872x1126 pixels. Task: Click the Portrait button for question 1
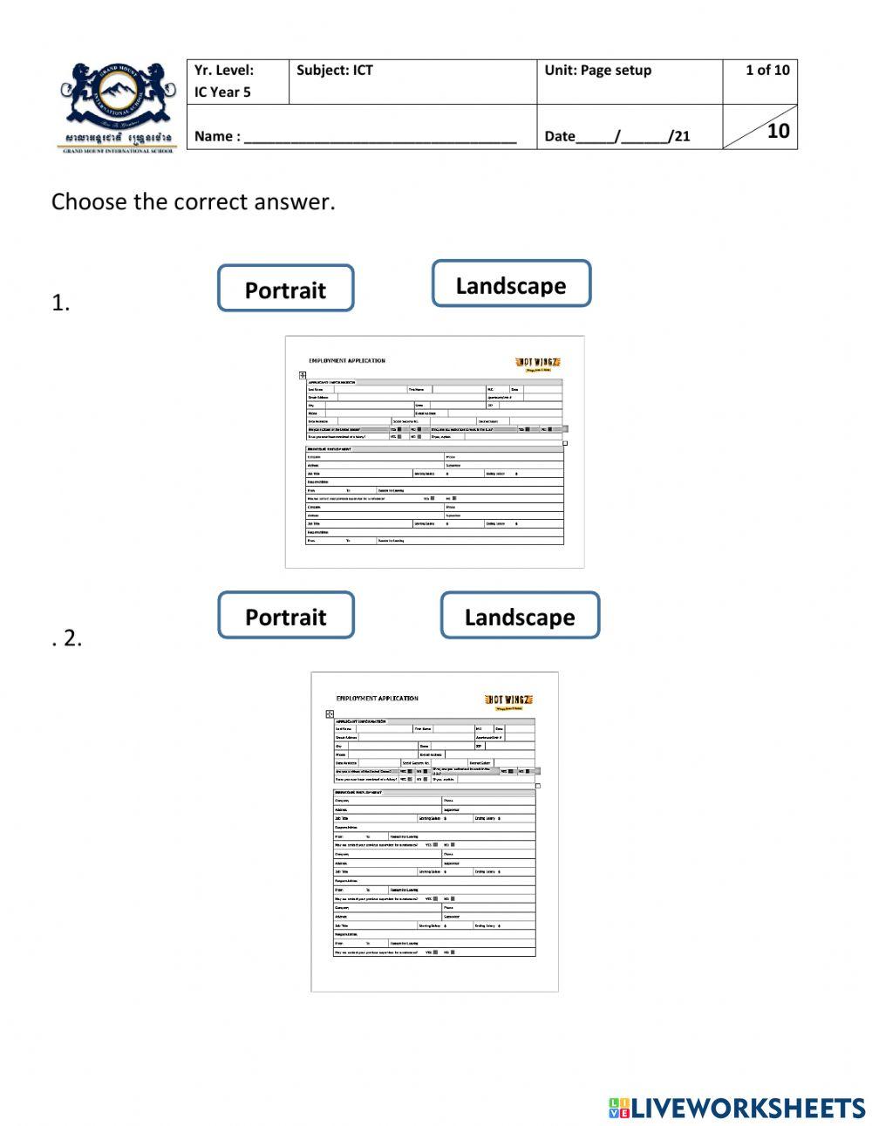(285, 289)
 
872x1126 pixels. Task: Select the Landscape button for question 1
(511, 284)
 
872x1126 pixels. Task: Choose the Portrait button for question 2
(285, 616)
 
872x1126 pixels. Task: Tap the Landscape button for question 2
(520, 616)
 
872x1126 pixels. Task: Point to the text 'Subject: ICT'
(334, 71)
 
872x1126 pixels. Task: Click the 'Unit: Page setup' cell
(597, 71)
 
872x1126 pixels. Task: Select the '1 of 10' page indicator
(766, 71)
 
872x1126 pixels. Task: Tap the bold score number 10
(778, 131)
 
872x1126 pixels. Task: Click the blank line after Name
(380, 138)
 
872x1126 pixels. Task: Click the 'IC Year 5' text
(222, 92)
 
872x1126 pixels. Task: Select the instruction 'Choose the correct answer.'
(193, 201)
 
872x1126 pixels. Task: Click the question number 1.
(60, 304)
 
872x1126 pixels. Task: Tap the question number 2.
(71, 638)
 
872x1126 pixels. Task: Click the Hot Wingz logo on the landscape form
(538, 363)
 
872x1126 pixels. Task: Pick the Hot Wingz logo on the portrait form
(508, 700)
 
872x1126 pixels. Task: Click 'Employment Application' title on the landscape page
(346, 360)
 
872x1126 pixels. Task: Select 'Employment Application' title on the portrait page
(377, 698)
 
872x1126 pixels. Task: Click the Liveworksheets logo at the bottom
(736, 1108)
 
